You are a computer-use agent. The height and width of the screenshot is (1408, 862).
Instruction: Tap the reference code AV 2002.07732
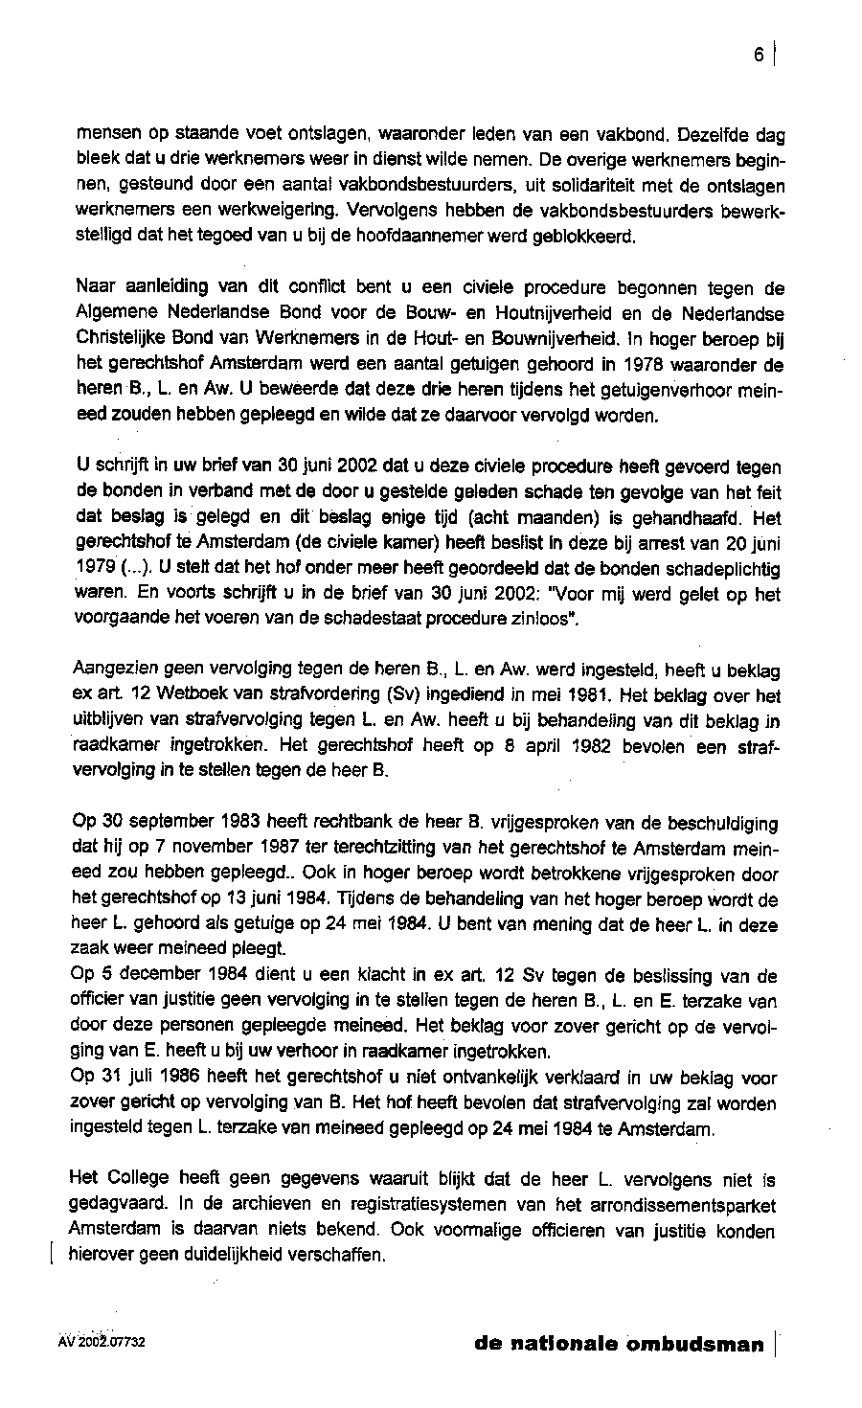101,1343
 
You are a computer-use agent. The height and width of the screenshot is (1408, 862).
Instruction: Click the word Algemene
113,313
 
